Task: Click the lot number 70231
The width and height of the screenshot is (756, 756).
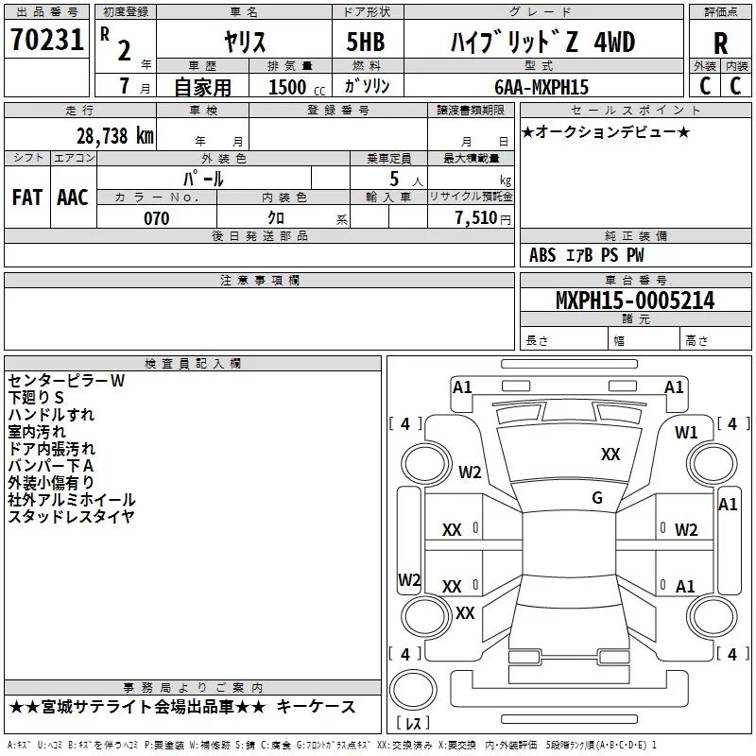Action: click(x=46, y=40)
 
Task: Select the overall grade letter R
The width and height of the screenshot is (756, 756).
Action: click(x=720, y=43)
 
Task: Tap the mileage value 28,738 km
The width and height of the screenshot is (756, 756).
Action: click(x=115, y=136)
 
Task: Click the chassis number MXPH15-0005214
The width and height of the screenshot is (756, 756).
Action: click(x=635, y=301)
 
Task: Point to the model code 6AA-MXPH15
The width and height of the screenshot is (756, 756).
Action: click(x=541, y=87)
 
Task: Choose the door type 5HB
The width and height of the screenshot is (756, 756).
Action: click(x=366, y=42)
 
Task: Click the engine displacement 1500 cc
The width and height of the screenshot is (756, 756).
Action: click(x=297, y=87)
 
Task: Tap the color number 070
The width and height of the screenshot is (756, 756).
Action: click(x=157, y=218)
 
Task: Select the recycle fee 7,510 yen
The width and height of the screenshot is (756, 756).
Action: click(x=483, y=218)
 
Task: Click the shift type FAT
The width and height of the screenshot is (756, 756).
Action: click(x=27, y=198)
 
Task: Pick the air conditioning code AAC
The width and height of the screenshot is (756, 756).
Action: click(x=73, y=198)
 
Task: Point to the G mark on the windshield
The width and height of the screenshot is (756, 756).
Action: click(x=597, y=498)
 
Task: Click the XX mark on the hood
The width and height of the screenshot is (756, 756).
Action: click(x=610, y=455)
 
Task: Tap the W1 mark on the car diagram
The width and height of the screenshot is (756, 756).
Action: click(x=686, y=433)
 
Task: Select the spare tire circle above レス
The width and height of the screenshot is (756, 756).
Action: click(x=413, y=689)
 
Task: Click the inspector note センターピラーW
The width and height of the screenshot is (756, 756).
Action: click(x=66, y=381)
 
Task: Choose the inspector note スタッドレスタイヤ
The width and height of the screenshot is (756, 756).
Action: click(x=72, y=516)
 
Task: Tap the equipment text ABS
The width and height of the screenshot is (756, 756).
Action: click(x=542, y=255)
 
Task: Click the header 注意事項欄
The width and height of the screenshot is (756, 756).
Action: click(x=260, y=280)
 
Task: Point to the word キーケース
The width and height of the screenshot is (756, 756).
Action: click(x=316, y=707)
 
